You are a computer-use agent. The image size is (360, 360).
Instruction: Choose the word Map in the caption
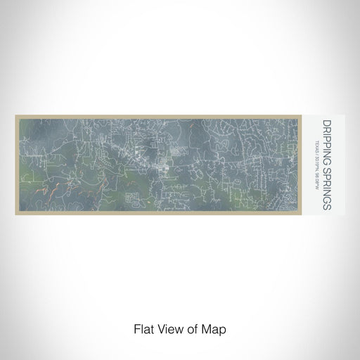207,328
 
